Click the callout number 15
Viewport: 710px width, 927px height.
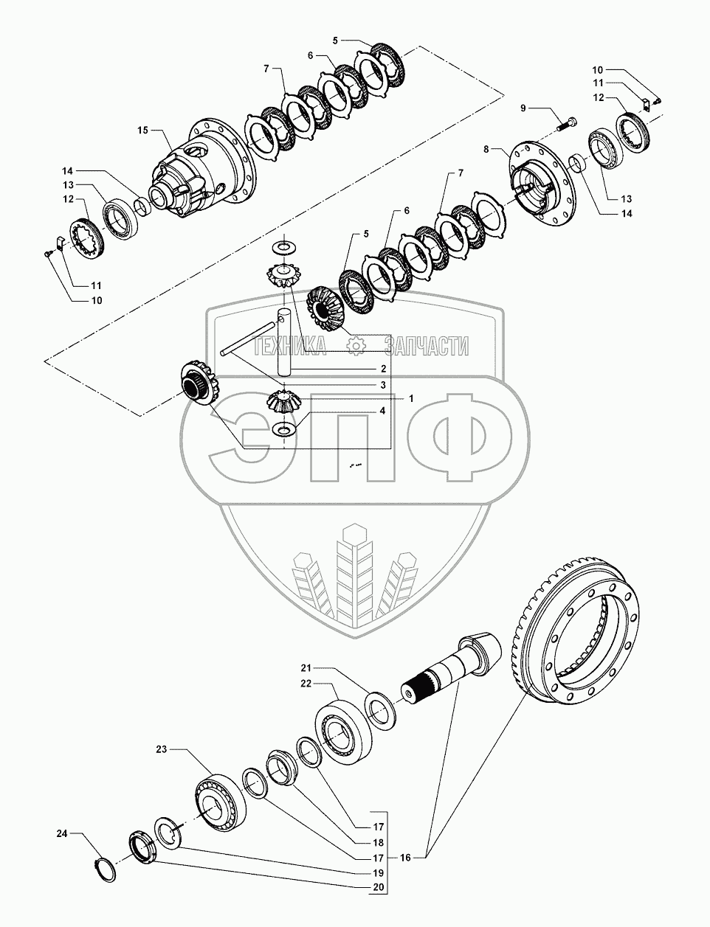point(142,131)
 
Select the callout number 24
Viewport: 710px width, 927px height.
point(63,834)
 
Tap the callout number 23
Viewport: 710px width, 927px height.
point(162,749)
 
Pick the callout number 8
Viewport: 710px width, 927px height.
point(486,150)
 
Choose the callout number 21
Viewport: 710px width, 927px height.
point(306,667)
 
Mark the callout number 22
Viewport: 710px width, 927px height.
point(306,684)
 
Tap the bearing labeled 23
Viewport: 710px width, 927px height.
point(220,799)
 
